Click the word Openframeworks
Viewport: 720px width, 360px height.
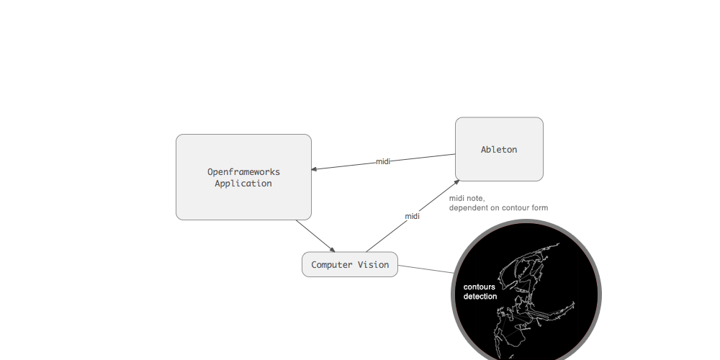(x=243, y=172)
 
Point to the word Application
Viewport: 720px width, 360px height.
(x=243, y=184)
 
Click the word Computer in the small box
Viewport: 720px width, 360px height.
(x=332, y=265)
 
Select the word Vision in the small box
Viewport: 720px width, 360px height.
(x=374, y=265)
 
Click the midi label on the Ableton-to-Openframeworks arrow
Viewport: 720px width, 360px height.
(x=383, y=161)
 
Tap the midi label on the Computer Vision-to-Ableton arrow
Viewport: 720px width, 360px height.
(x=412, y=216)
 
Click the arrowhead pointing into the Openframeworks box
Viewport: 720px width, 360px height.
(x=315, y=170)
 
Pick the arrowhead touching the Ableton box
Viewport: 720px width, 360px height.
(x=456, y=181)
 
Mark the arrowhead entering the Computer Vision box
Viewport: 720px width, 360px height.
(x=332, y=249)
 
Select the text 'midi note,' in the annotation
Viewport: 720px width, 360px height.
(x=467, y=198)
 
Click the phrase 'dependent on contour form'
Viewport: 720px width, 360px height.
(x=498, y=208)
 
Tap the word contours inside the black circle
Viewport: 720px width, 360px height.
(x=479, y=287)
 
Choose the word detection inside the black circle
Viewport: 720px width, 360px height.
(x=480, y=297)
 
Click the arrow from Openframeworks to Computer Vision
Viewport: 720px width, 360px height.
(x=314, y=235)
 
